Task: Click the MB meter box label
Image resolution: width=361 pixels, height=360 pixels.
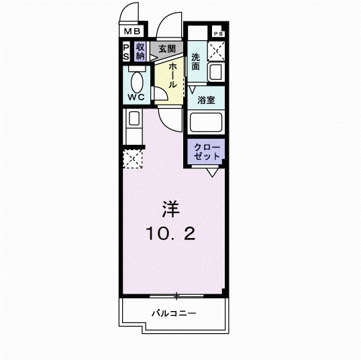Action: (132, 31)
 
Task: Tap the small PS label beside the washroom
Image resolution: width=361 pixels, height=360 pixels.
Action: (218, 34)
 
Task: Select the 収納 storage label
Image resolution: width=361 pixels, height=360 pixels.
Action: (140, 52)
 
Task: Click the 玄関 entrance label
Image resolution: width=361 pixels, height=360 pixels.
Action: (167, 49)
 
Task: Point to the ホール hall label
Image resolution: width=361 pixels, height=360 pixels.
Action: (172, 76)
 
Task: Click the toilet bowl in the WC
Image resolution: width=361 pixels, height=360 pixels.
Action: (137, 82)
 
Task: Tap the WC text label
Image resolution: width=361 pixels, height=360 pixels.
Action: (136, 97)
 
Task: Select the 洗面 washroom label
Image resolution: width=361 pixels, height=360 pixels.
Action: (196, 62)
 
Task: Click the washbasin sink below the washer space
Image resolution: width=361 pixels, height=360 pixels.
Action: (215, 72)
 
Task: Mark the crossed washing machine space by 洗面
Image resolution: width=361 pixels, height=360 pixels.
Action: (216, 51)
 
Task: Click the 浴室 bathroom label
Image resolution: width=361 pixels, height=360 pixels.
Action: (206, 100)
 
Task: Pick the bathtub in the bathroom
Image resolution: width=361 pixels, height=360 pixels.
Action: (206, 123)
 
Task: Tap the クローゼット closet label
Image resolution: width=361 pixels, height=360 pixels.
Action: (207, 152)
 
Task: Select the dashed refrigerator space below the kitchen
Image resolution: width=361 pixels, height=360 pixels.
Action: (132, 159)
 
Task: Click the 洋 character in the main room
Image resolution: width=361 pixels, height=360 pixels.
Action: (171, 209)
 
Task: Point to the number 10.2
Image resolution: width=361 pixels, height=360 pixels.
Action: (170, 233)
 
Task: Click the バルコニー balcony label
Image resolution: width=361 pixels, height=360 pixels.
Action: (174, 313)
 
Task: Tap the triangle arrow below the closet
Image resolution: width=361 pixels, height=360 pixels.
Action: (212, 172)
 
